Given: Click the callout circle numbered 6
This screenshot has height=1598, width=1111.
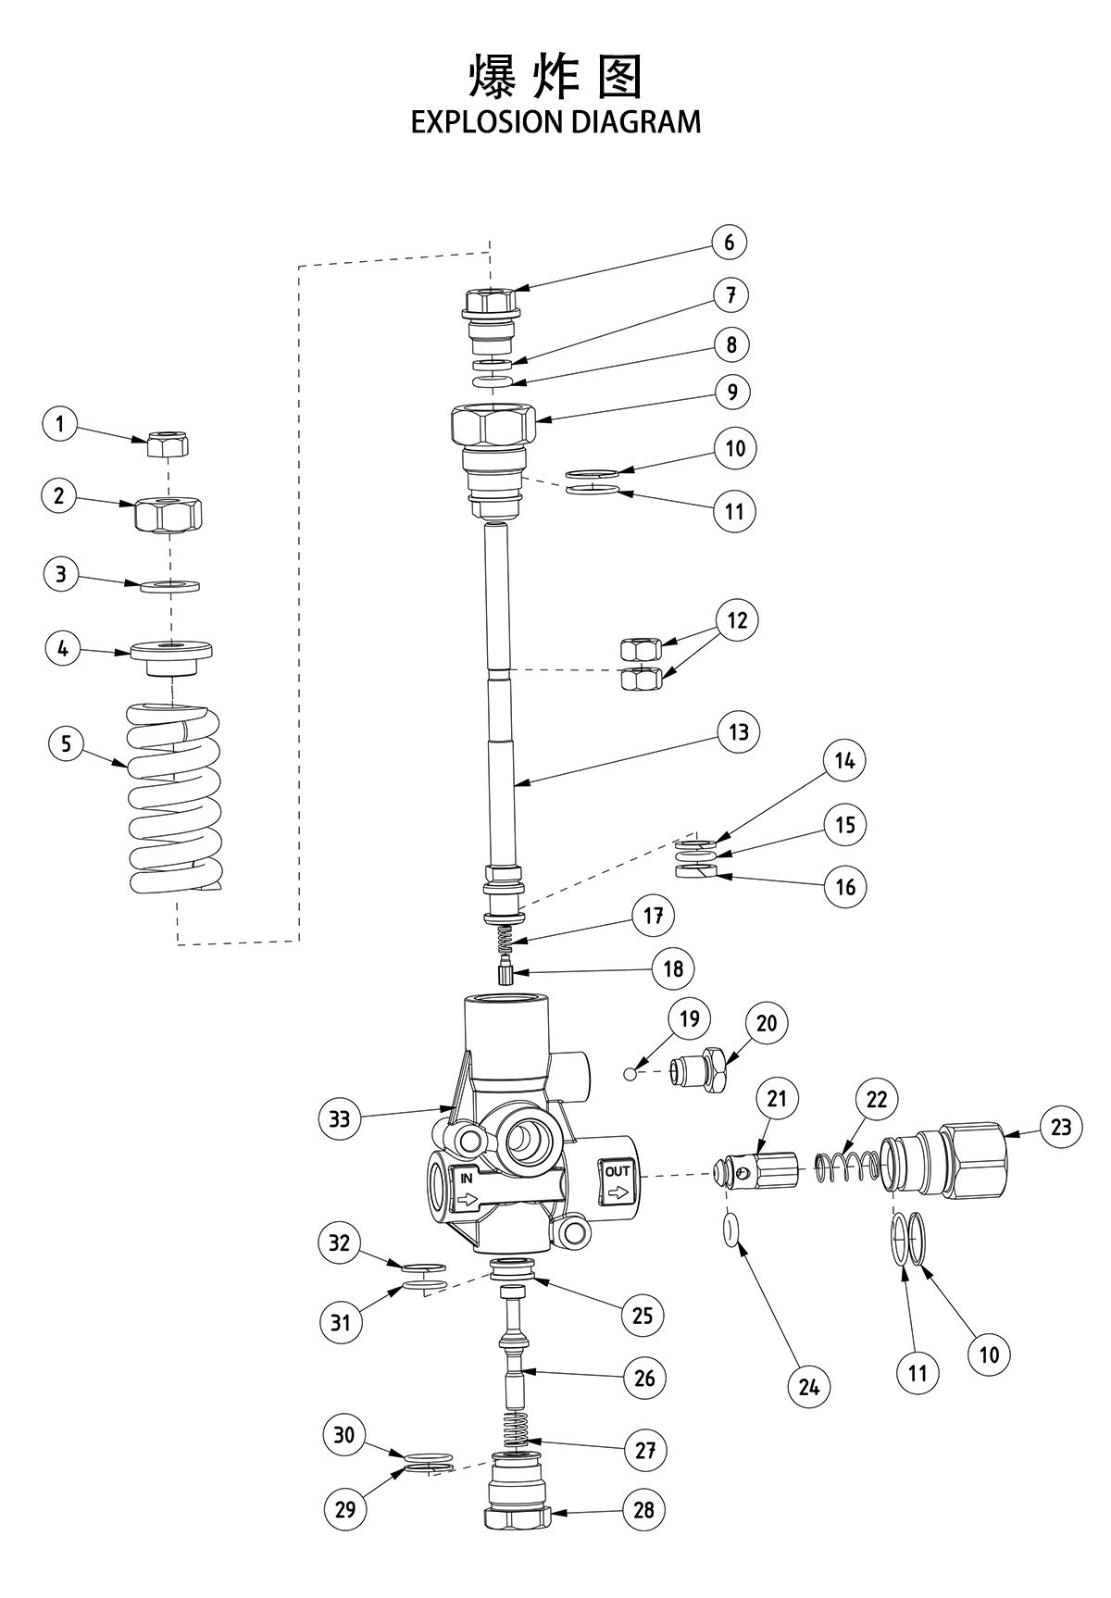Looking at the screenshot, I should click(x=730, y=243).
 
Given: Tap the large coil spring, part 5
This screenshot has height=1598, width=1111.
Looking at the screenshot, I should click(x=175, y=796).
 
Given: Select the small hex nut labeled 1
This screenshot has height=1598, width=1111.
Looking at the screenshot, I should click(x=169, y=445).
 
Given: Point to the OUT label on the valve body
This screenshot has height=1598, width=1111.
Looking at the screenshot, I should click(x=618, y=1171).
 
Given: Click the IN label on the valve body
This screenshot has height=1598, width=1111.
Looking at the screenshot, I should click(x=466, y=1179).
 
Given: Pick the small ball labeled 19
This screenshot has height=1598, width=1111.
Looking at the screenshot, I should click(x=630, y=1073).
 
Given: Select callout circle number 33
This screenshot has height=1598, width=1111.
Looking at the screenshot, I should click(x=340, y=1118).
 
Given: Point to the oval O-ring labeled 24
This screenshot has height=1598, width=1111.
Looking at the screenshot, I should click(x=730, y=1231).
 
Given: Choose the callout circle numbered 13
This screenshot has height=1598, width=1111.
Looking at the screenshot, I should click(x=738, y=732).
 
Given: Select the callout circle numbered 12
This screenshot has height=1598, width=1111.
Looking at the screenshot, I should click(x=737, y=619).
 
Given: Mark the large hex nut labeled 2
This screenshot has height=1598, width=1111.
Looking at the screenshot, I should click(x=169, y=513).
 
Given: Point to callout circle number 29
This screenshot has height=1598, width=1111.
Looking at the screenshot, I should click(x=345, y=1509).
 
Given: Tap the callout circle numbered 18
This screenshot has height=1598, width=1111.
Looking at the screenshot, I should click(x=673, y=968).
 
